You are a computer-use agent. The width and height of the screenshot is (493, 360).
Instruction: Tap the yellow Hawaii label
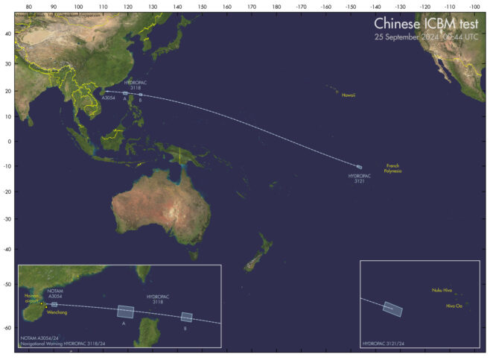(349, 95)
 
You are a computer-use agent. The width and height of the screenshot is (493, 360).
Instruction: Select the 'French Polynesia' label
(392, 168)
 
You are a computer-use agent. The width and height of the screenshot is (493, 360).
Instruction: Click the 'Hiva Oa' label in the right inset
(454, 305)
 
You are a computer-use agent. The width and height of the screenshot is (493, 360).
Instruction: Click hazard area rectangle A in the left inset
(125, 312)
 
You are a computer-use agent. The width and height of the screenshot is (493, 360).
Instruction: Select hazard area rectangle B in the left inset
(187, 317)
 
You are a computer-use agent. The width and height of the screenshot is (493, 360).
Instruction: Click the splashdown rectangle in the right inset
(392, 308)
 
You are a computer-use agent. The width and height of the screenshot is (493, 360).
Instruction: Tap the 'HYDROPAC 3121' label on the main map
(359, 178)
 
